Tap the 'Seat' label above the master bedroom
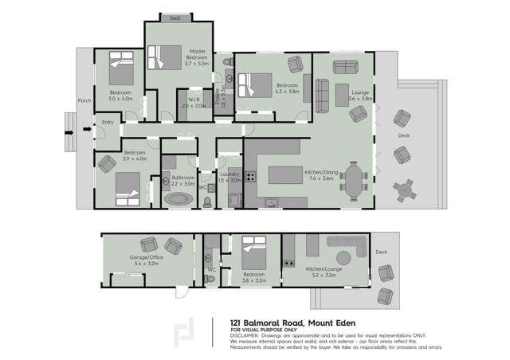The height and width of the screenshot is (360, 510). tap(175, 17)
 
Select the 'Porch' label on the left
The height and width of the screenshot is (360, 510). tap(84, 101)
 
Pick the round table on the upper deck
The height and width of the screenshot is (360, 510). tap(407, 189)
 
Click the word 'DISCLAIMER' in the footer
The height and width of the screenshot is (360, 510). tap(245, 335)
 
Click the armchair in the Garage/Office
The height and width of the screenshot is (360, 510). tap(148, 245)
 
